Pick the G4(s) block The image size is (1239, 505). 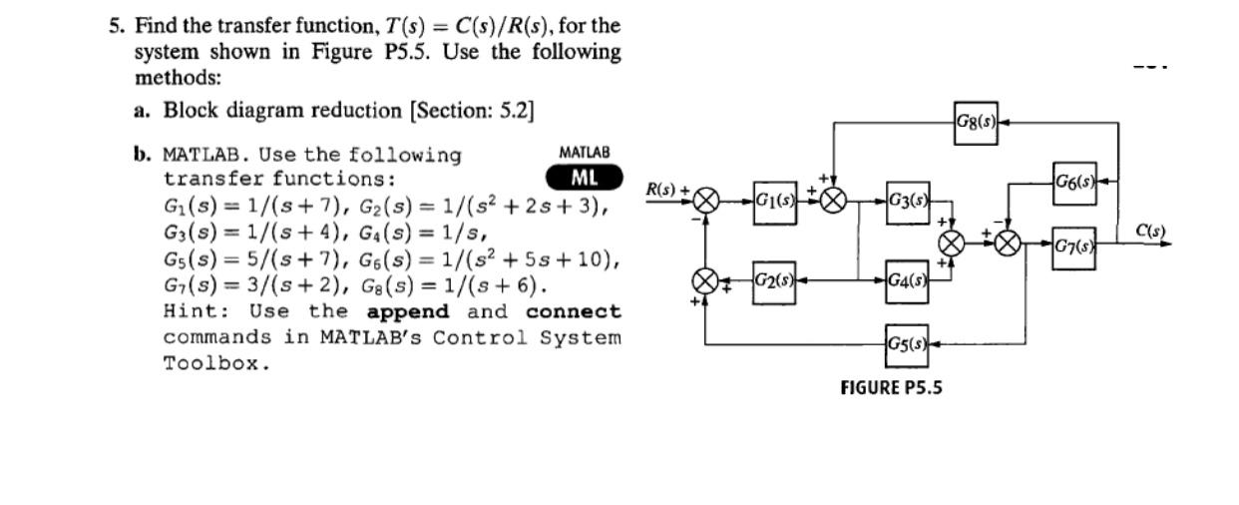click(x=908, y=277)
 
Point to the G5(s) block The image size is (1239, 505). click(x=908, y=344)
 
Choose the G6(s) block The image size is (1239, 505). click(x=1074, y=184)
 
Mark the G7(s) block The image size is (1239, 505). click(x=1074, y=243)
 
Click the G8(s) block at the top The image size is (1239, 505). click(x=976, y=123)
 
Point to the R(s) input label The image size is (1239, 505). click(x=661, y=189)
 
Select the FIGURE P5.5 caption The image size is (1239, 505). click(x=891, y=387)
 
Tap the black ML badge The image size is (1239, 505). click(x=585, y=178)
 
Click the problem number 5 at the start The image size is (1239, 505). click(x=115, y=25)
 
